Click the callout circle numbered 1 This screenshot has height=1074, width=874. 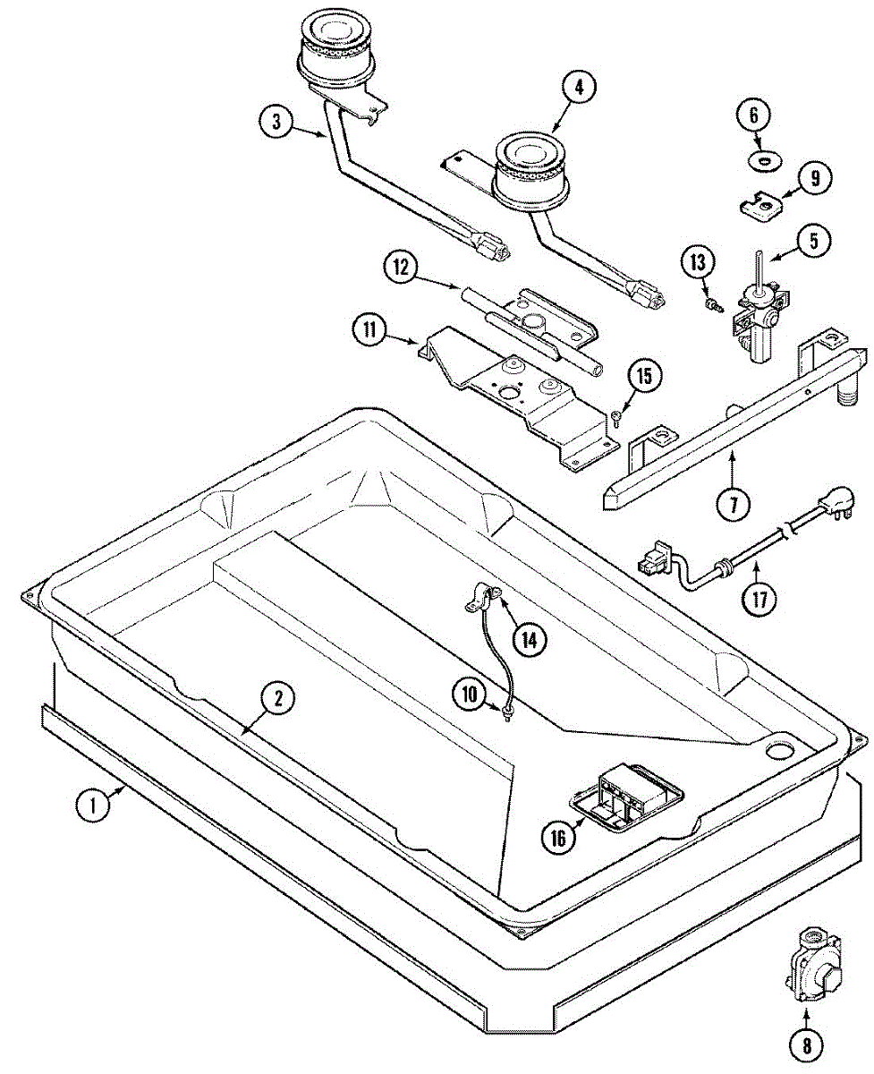click(x=89, y=804)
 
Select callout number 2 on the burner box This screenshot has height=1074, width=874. click(x=278, y=699)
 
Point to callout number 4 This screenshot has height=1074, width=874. click(x=579, y=88)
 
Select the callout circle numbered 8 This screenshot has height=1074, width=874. click(x=805, y=1043)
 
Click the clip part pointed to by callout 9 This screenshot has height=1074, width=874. click(x=761, y=207)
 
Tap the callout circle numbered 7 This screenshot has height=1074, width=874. click(x=733, y=505)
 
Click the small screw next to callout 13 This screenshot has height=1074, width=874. click(x=713, y=306)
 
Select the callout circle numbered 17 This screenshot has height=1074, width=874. click(x=759, y=597)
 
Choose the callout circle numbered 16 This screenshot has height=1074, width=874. click(x=558, y=838)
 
